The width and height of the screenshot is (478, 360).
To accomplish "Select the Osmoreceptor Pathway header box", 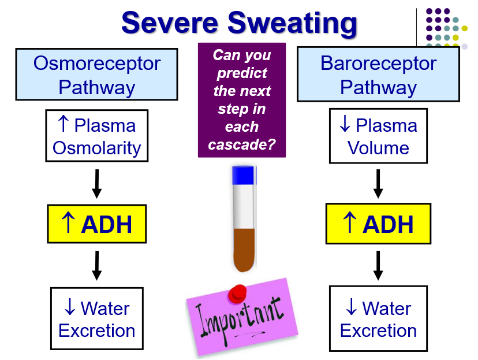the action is pos(96,75).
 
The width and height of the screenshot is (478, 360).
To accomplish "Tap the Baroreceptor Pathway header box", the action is pos(378,75).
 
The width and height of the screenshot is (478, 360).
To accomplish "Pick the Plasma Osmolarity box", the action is pos(97,136).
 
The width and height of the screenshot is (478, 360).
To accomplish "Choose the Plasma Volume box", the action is pos(378,136).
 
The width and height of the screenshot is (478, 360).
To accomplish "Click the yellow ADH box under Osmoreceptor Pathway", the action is pos(97,224).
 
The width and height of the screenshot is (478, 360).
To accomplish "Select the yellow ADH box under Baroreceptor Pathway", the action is pos(378,224).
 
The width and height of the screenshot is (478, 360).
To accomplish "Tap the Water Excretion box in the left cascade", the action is pos(97,319).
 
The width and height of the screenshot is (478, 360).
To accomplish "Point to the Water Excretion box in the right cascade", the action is pos(378,319).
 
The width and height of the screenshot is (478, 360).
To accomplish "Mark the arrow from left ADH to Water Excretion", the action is pos(97,265).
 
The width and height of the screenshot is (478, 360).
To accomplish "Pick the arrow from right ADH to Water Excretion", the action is pos(378,265).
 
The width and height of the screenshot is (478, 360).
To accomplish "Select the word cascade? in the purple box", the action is pos(242,145).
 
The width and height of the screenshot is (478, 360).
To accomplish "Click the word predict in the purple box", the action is pos(242,73).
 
